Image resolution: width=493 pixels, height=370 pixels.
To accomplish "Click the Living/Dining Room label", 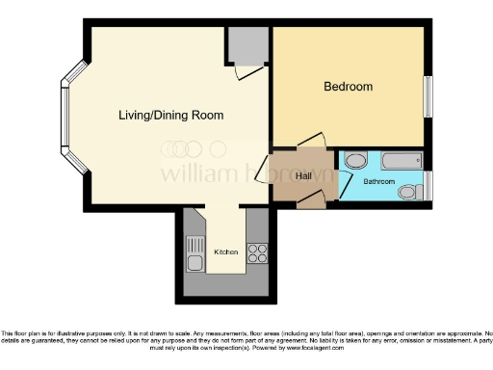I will pos(170,116).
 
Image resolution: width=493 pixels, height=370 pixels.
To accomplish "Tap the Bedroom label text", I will pos(348,87).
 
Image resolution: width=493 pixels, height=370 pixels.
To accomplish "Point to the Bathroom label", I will pos(378,181).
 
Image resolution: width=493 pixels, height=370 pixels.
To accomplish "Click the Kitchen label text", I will pos(226,252).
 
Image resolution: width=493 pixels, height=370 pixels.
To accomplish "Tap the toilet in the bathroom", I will pos(408,193).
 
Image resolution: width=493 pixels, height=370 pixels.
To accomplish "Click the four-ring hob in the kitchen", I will pos(257,253).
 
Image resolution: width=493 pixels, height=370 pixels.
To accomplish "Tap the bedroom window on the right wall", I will pos(428,97).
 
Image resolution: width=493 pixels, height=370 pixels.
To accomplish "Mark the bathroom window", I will pos(429,185).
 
